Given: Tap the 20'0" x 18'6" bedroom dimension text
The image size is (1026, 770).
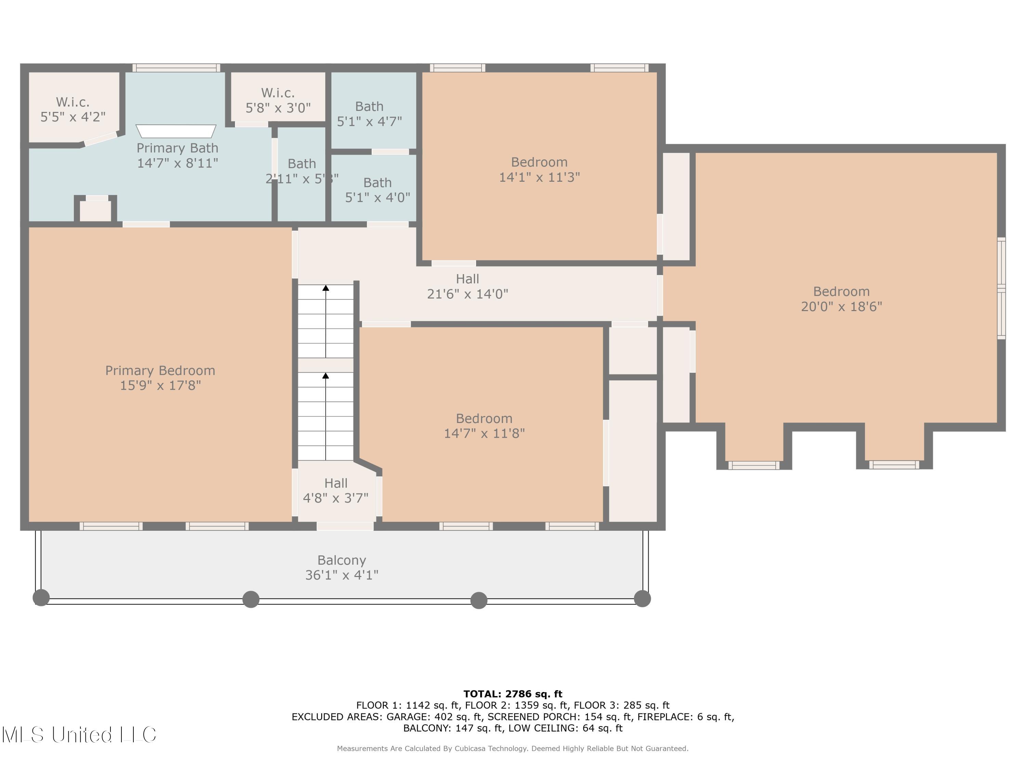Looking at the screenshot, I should point(841,307).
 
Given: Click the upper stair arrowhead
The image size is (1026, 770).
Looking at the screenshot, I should point(326,288).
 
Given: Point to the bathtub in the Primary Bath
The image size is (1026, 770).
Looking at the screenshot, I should point(176,131).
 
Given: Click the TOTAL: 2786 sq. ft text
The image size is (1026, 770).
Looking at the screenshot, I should point(513,694).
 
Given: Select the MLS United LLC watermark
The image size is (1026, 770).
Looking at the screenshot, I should point(79,735).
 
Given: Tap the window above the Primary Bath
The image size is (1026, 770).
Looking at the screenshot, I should point(176,68).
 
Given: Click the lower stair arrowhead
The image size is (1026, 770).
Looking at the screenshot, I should point(326,375).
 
